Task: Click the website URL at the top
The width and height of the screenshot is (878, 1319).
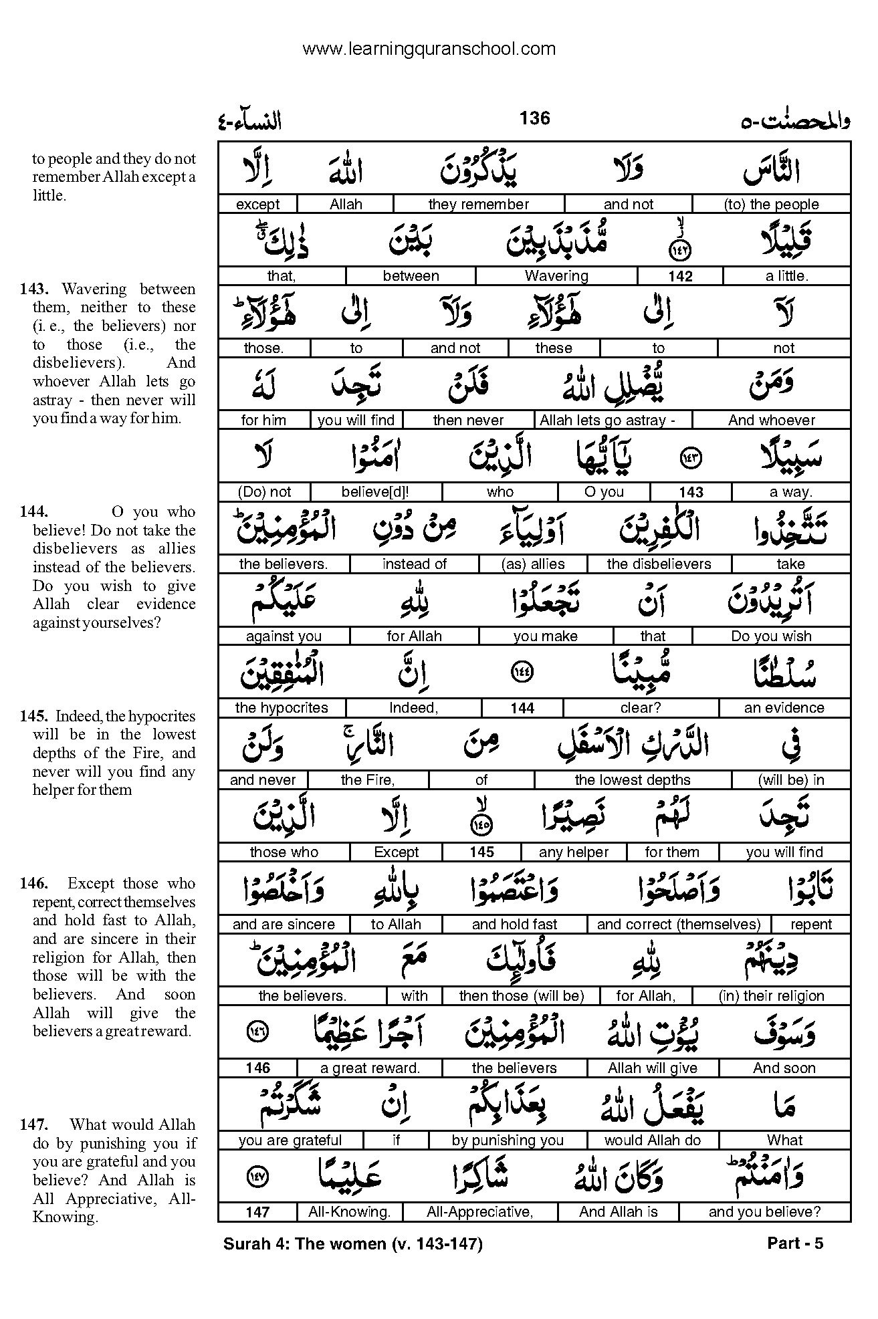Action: tap(429, 49)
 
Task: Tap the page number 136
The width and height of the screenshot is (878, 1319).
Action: tap(534, 118)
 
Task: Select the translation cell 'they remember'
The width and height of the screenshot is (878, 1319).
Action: tap(478, 205)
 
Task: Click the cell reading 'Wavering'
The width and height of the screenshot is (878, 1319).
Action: tap(556, 276)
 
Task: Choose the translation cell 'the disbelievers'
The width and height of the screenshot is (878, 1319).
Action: tap(659, 564)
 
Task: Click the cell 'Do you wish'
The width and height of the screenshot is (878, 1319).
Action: tap(771, 636)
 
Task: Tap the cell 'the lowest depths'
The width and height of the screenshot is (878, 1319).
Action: tap(632, 780)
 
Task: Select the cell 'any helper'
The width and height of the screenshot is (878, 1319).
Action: tap(573, 852)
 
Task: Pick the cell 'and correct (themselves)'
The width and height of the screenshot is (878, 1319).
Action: tap(678, 925)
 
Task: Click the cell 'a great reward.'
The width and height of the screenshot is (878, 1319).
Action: tap(370, 1068)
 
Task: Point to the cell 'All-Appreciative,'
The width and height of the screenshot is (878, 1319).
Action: tap(479, 1212)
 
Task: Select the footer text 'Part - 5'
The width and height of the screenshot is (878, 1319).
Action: tap(795, 1243)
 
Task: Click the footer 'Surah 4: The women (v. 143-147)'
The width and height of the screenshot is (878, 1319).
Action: tap(352, 1243)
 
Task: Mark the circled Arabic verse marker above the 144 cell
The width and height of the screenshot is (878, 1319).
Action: tap(522, 673)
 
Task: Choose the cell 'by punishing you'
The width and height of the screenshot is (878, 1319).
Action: tap(508, 1141)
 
